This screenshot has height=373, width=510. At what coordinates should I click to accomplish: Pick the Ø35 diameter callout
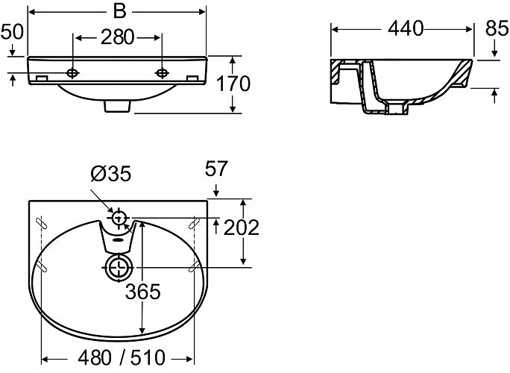tap(110, 175)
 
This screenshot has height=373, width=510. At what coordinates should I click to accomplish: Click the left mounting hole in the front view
tap(72, 73)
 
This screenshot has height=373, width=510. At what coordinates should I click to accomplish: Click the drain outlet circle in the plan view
tap(119, 266)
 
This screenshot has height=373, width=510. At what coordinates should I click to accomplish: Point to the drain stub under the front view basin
tap(116, 106)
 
